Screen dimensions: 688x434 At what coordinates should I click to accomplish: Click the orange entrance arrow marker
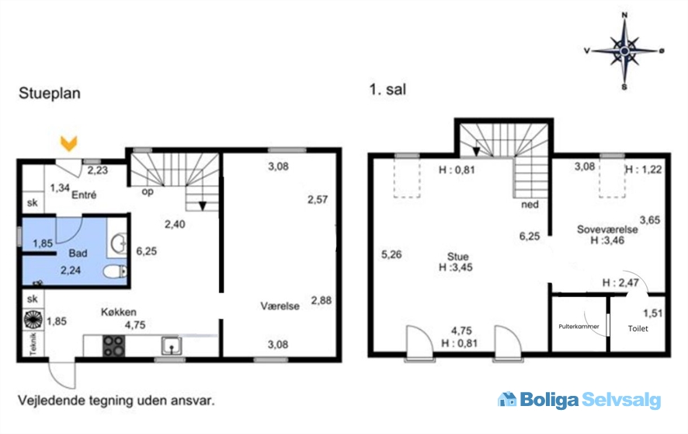point(69,143)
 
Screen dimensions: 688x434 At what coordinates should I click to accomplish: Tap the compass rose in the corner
point(624,51)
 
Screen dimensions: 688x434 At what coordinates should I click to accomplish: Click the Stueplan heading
point(50,93)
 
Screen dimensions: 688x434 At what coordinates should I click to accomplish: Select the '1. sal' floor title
point(387,89)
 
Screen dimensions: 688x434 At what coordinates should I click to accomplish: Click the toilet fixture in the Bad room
point(116,271)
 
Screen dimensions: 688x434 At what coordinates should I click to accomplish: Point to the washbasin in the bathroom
point(118,243)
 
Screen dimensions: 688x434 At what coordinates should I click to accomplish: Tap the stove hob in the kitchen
point(113,345)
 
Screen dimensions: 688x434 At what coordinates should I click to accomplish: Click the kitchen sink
point(171,345)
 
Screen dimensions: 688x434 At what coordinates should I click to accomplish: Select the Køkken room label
point(119,312)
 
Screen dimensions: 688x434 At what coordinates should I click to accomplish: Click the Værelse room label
point(280,306)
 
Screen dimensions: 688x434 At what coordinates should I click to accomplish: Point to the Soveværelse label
point(607,229)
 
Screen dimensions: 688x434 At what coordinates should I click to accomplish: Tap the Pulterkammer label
point(579,327)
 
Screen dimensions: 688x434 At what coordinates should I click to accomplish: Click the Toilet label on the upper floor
point(638,328)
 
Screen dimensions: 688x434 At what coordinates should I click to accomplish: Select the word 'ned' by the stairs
point(530,205)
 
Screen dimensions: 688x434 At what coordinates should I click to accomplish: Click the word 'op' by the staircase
point(148,192)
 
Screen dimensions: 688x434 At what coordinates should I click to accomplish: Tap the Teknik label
point(33,344)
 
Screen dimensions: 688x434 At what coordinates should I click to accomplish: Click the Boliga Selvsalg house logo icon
point(507,399)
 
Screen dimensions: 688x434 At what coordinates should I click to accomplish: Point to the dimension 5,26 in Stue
point(391,254)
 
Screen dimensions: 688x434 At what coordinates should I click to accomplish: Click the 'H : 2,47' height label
point(620,282)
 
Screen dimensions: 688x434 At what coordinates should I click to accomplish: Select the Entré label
point(84,194)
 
